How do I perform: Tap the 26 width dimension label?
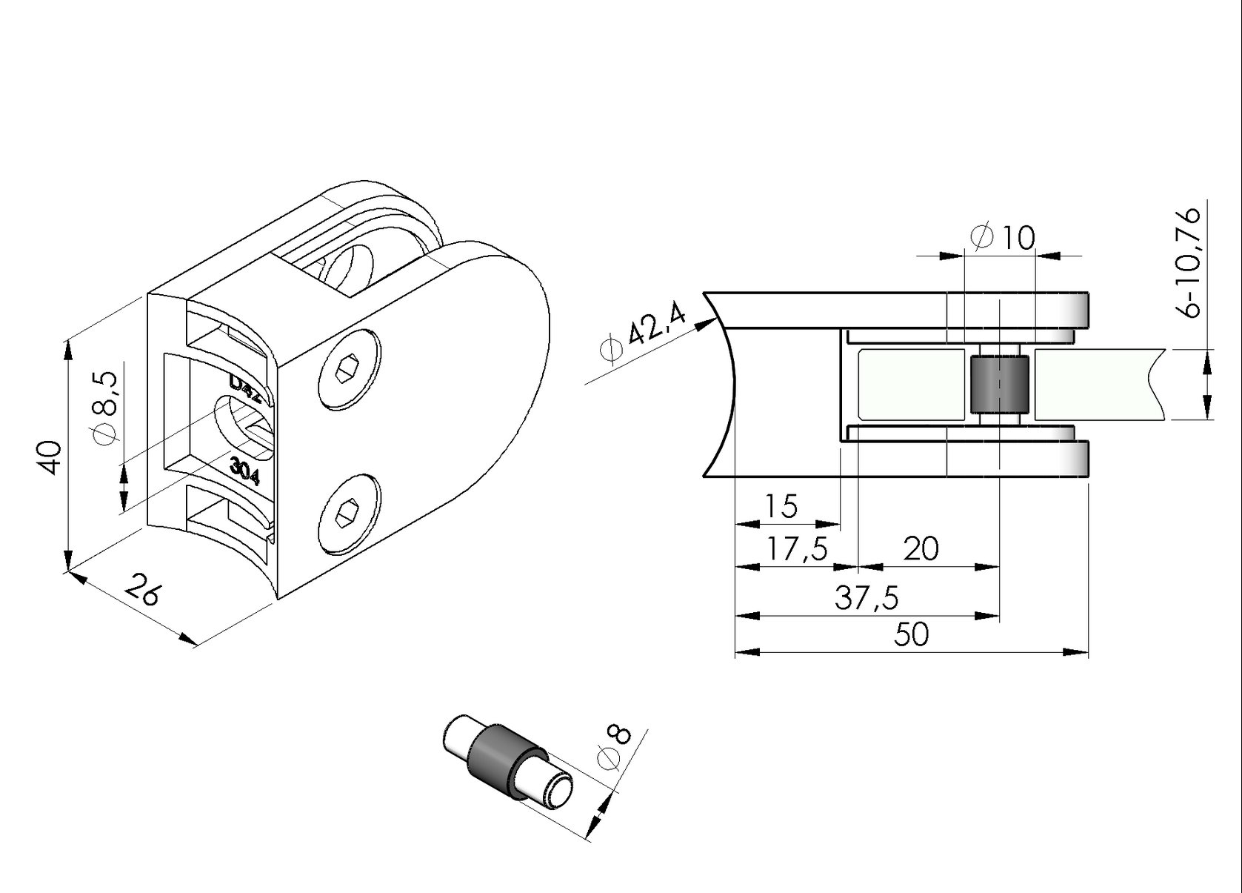point(142,589)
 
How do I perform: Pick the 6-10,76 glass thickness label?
point(1190,262)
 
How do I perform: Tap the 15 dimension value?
point(781,506)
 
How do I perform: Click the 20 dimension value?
point(921,549)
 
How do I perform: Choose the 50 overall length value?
point(911,634)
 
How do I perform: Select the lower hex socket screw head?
point(350,512)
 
